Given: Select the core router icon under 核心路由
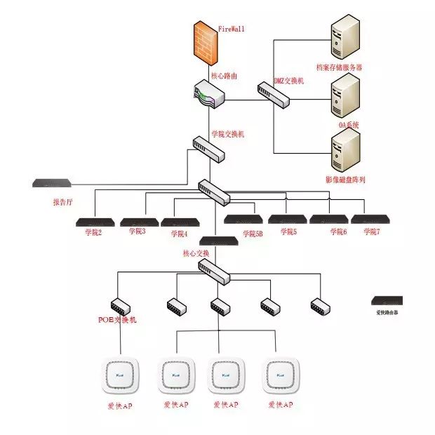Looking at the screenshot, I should pyautogui.click(x=209, y=95).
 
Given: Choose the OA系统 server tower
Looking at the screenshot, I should pyautogui.click(x=344, y=96).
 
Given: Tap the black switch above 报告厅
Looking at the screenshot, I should pyautogui.click(x=51, y=184).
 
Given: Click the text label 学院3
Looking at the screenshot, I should pyautogui.click(x=138, y=231).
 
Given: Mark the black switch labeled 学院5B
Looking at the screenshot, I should pyautogui.click(x=243, y=219).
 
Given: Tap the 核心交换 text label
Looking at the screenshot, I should pyautogui.click(x=196, y=253).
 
